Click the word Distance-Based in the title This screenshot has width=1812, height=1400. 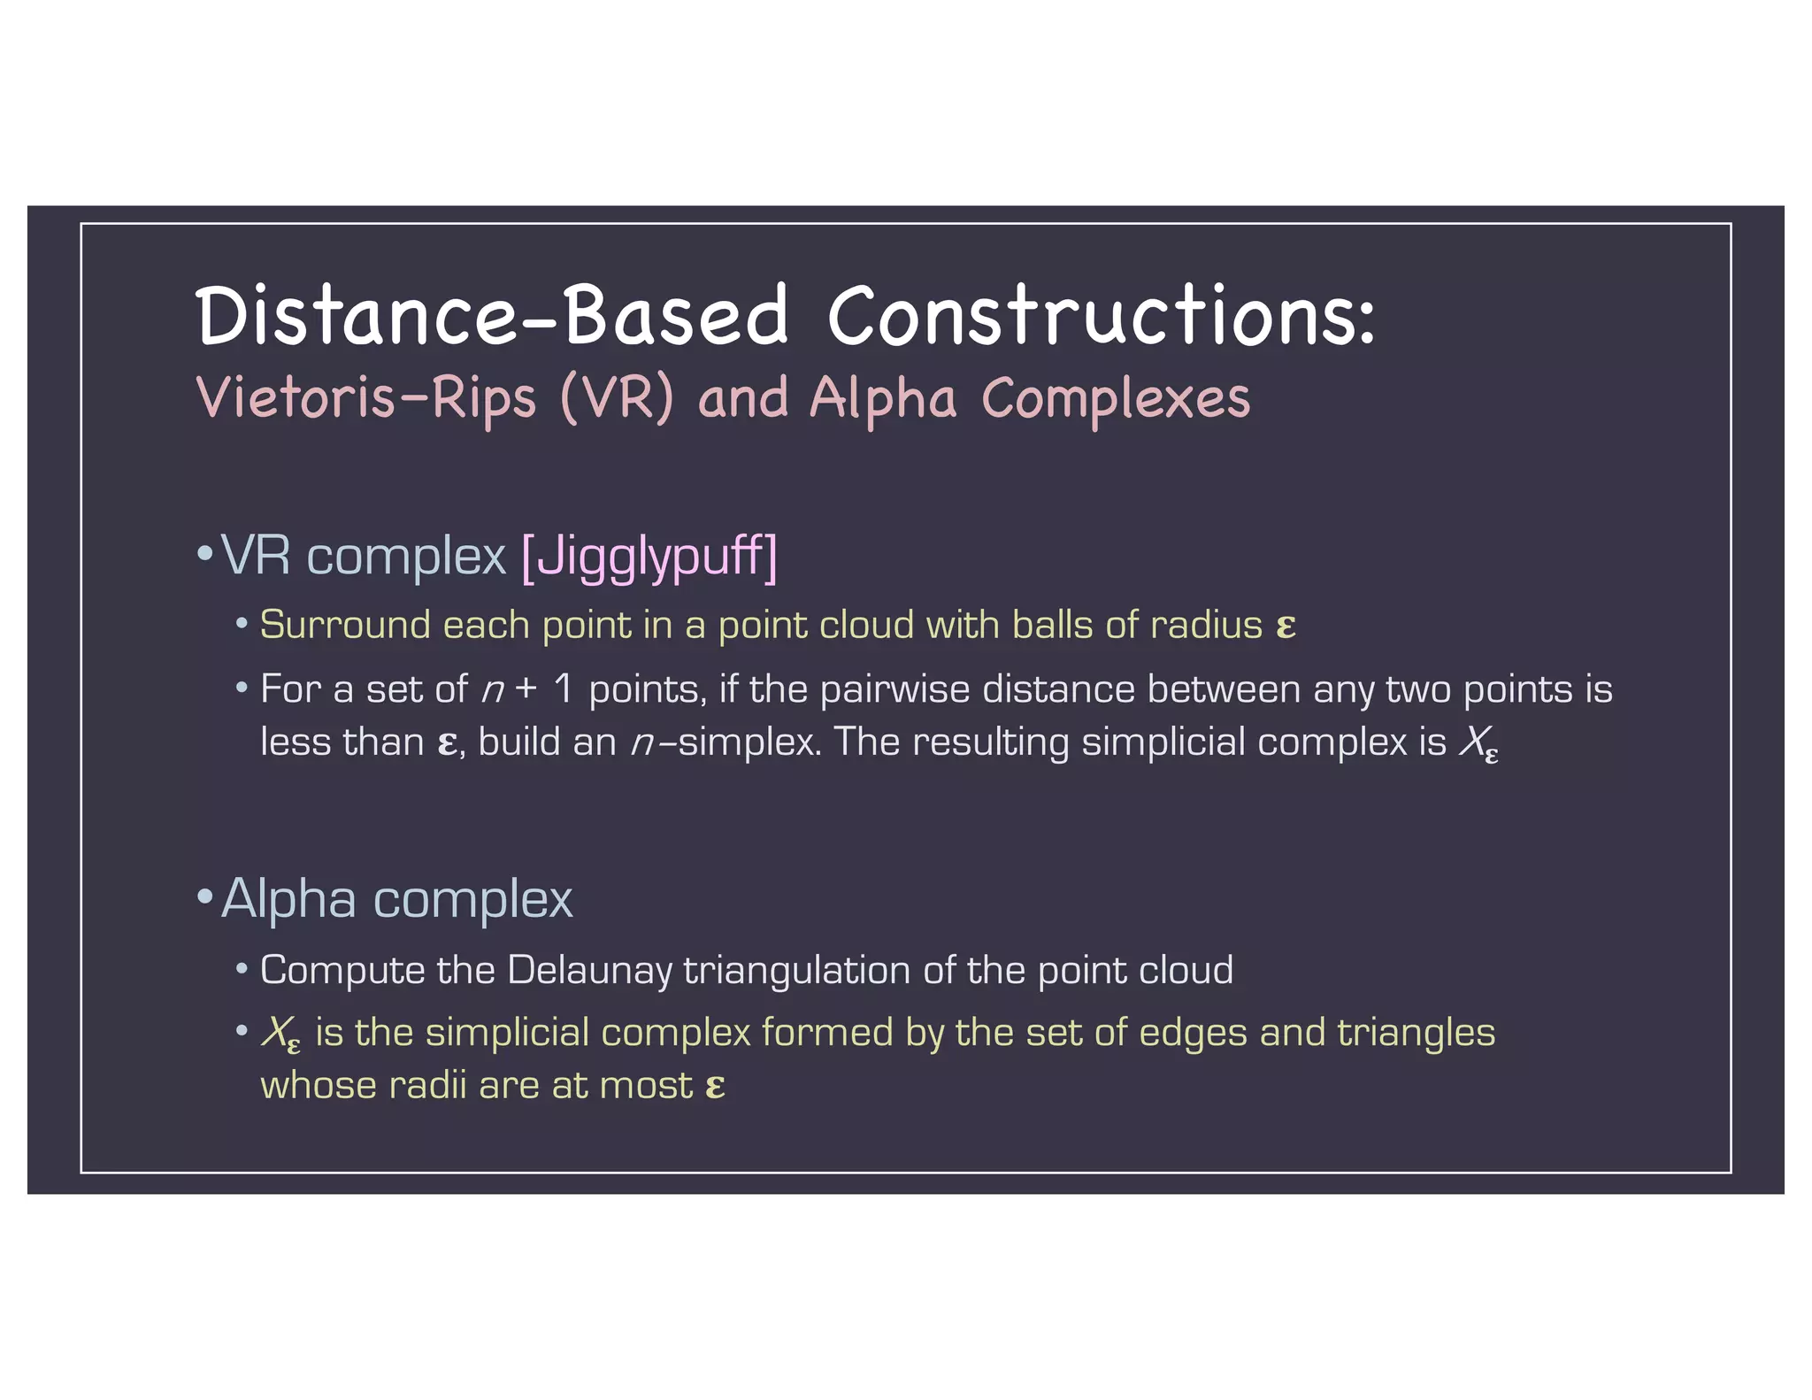tap(491, 315)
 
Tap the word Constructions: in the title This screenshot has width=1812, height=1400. tap(1102, 315)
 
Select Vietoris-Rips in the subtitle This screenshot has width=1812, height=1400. tap(366, 397)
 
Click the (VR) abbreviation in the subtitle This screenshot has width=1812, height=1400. tap(617, 397)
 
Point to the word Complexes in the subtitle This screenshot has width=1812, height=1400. tap(1116, 397)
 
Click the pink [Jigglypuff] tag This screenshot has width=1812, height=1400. tap(649, 557)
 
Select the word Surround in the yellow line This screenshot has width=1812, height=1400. tap(345, 625)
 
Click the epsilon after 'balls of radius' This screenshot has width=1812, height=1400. tap(1286, 627)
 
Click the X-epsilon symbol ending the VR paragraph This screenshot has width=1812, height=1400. tap(1478, 743)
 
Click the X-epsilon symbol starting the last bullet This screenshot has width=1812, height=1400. tap(280, 1034)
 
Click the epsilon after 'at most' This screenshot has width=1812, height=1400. tap(716, 1086)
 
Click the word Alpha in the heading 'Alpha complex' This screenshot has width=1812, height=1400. tap(289, 899)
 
